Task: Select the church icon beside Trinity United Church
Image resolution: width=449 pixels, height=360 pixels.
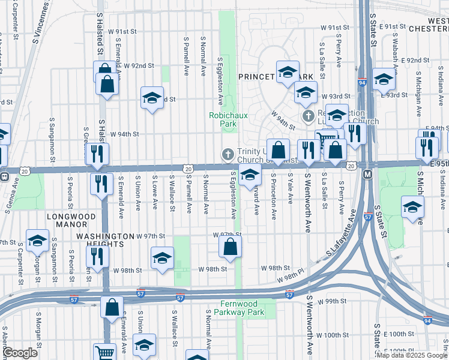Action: (228, 154)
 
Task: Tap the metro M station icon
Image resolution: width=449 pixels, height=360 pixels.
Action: (368, 174)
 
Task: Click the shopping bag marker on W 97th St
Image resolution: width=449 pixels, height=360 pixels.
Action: (230, 247)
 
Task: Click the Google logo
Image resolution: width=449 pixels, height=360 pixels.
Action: (20, 353)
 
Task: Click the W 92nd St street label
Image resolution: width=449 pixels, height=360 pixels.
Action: (139, 65)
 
